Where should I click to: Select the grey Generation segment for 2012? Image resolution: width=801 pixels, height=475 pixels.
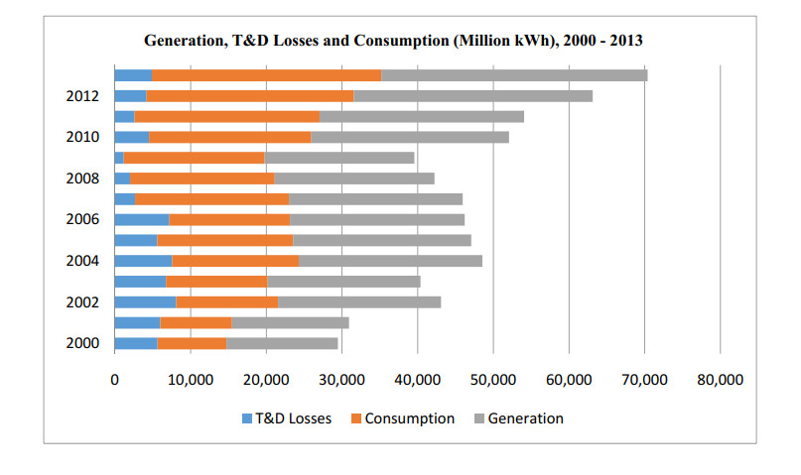click(x=472, y=96)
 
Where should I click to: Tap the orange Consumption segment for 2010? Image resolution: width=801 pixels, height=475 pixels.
click(x=229, y=137)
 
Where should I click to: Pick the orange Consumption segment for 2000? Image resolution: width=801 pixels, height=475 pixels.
click(x=192, y=343)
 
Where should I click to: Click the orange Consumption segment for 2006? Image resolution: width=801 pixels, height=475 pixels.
click(x=229, y=219)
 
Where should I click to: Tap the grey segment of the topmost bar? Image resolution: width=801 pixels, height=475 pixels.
click(x=514, y=75)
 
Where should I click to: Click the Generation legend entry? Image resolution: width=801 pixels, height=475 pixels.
click(x=519, y=418)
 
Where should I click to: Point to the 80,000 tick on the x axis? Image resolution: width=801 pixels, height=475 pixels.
click(x=720, y=380)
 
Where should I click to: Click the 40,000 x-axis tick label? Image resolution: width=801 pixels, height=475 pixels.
click(x=417, y=380)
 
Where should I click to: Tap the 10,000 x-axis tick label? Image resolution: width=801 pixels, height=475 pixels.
click(x=191, y=380)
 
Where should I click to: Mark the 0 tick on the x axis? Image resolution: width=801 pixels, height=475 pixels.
click(x=115, y=380)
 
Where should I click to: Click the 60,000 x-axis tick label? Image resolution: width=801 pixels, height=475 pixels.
click(x=569, y=380)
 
